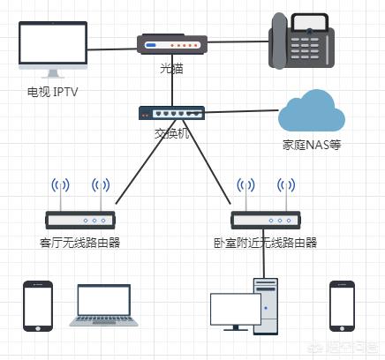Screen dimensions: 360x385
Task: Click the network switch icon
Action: [171, 113]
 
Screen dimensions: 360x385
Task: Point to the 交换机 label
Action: [171, 135]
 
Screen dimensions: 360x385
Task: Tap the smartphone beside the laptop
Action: [38, 306]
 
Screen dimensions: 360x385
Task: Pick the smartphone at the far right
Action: [342, 306]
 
